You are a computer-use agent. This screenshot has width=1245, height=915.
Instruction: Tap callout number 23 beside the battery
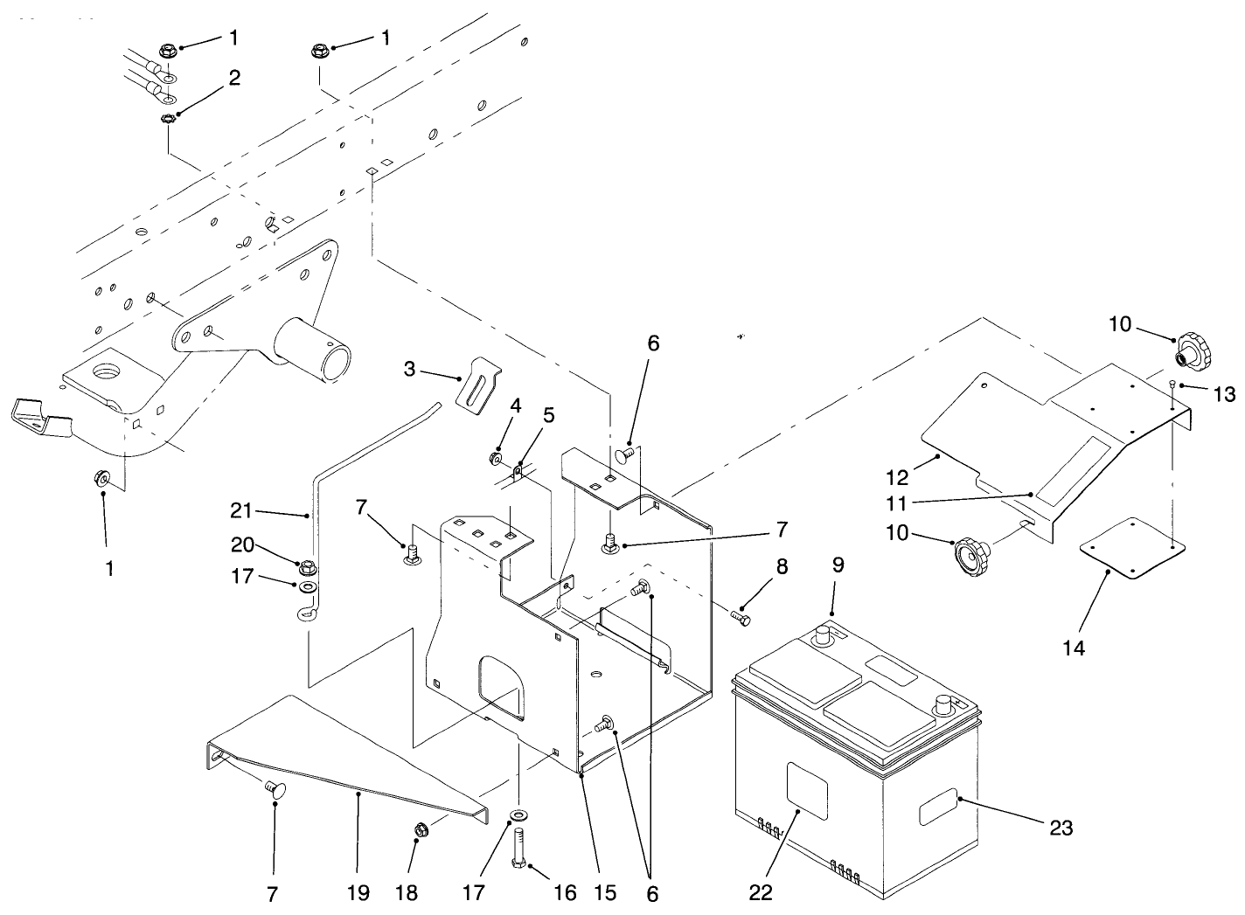[1061, 827]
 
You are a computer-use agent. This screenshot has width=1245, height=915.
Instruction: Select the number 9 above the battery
[838, 565]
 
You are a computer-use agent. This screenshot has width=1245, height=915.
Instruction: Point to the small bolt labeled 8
[740, 617]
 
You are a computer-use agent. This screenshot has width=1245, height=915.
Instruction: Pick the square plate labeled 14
[1133, 548]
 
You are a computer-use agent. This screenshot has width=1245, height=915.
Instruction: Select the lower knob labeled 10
[970, 553]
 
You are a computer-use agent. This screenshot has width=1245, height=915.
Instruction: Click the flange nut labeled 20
[306, 568]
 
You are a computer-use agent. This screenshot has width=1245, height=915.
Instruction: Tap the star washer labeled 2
[168, 118]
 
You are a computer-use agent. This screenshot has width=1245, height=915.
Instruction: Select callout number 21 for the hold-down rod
[241, 510]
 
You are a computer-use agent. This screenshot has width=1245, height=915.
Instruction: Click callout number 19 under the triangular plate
[358, 892]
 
